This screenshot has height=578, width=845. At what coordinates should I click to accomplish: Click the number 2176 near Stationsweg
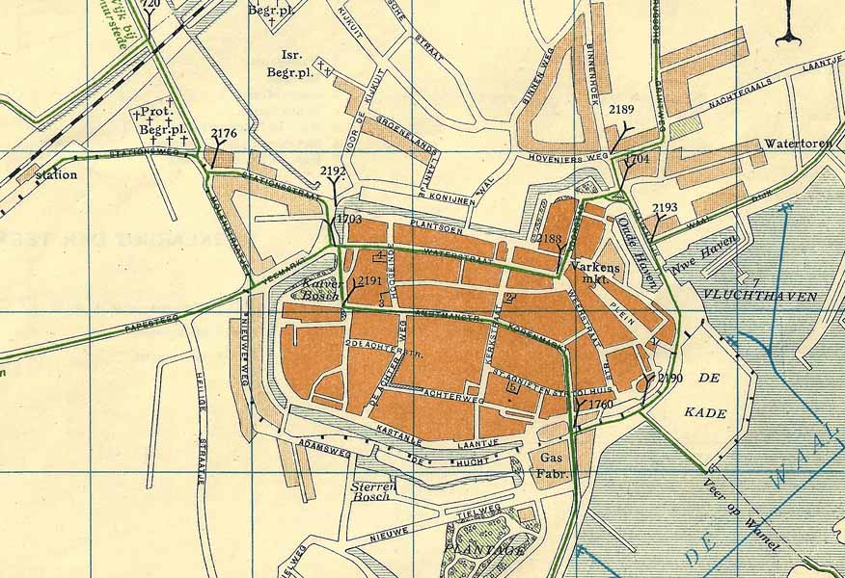[x=223, y=134]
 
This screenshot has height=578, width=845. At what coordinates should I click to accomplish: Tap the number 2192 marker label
[x=333, y=171]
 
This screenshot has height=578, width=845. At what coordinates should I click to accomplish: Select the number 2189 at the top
[x=621, y=111]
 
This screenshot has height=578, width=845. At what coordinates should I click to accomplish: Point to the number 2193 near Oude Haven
[x=665, y=207]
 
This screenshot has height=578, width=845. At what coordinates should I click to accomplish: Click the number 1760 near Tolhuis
[x=600, y=405]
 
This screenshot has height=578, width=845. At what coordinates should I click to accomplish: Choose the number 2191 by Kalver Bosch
[x=369, y=281]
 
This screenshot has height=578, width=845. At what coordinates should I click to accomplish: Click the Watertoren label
[x=798, y=144]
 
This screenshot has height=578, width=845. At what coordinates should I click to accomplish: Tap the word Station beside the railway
[x=55, y=175]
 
